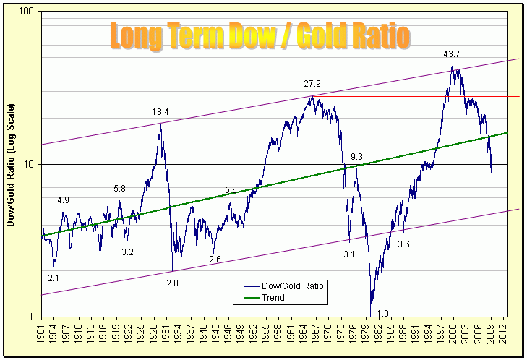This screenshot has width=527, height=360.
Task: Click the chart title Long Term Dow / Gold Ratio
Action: [260, 35]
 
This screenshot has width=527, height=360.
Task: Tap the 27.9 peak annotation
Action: [313, 84]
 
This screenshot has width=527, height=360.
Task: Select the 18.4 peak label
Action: [160, 112]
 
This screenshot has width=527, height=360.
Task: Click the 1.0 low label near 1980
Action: [383, 313]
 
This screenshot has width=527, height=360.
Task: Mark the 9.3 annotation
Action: [356, 157]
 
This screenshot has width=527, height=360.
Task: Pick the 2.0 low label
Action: [172, 283]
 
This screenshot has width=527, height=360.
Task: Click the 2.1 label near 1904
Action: [53, 278]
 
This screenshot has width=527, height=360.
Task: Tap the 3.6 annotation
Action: [404, 244]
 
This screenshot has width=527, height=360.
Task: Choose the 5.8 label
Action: [120, 189]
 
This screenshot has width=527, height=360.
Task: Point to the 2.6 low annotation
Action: [215, 259]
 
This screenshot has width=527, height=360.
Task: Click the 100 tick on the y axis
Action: [28, 13]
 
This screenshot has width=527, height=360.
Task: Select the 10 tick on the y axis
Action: [30, 165]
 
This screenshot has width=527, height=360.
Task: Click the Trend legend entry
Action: [273, 297]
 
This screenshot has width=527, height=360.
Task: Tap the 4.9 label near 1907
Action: [64, 200]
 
